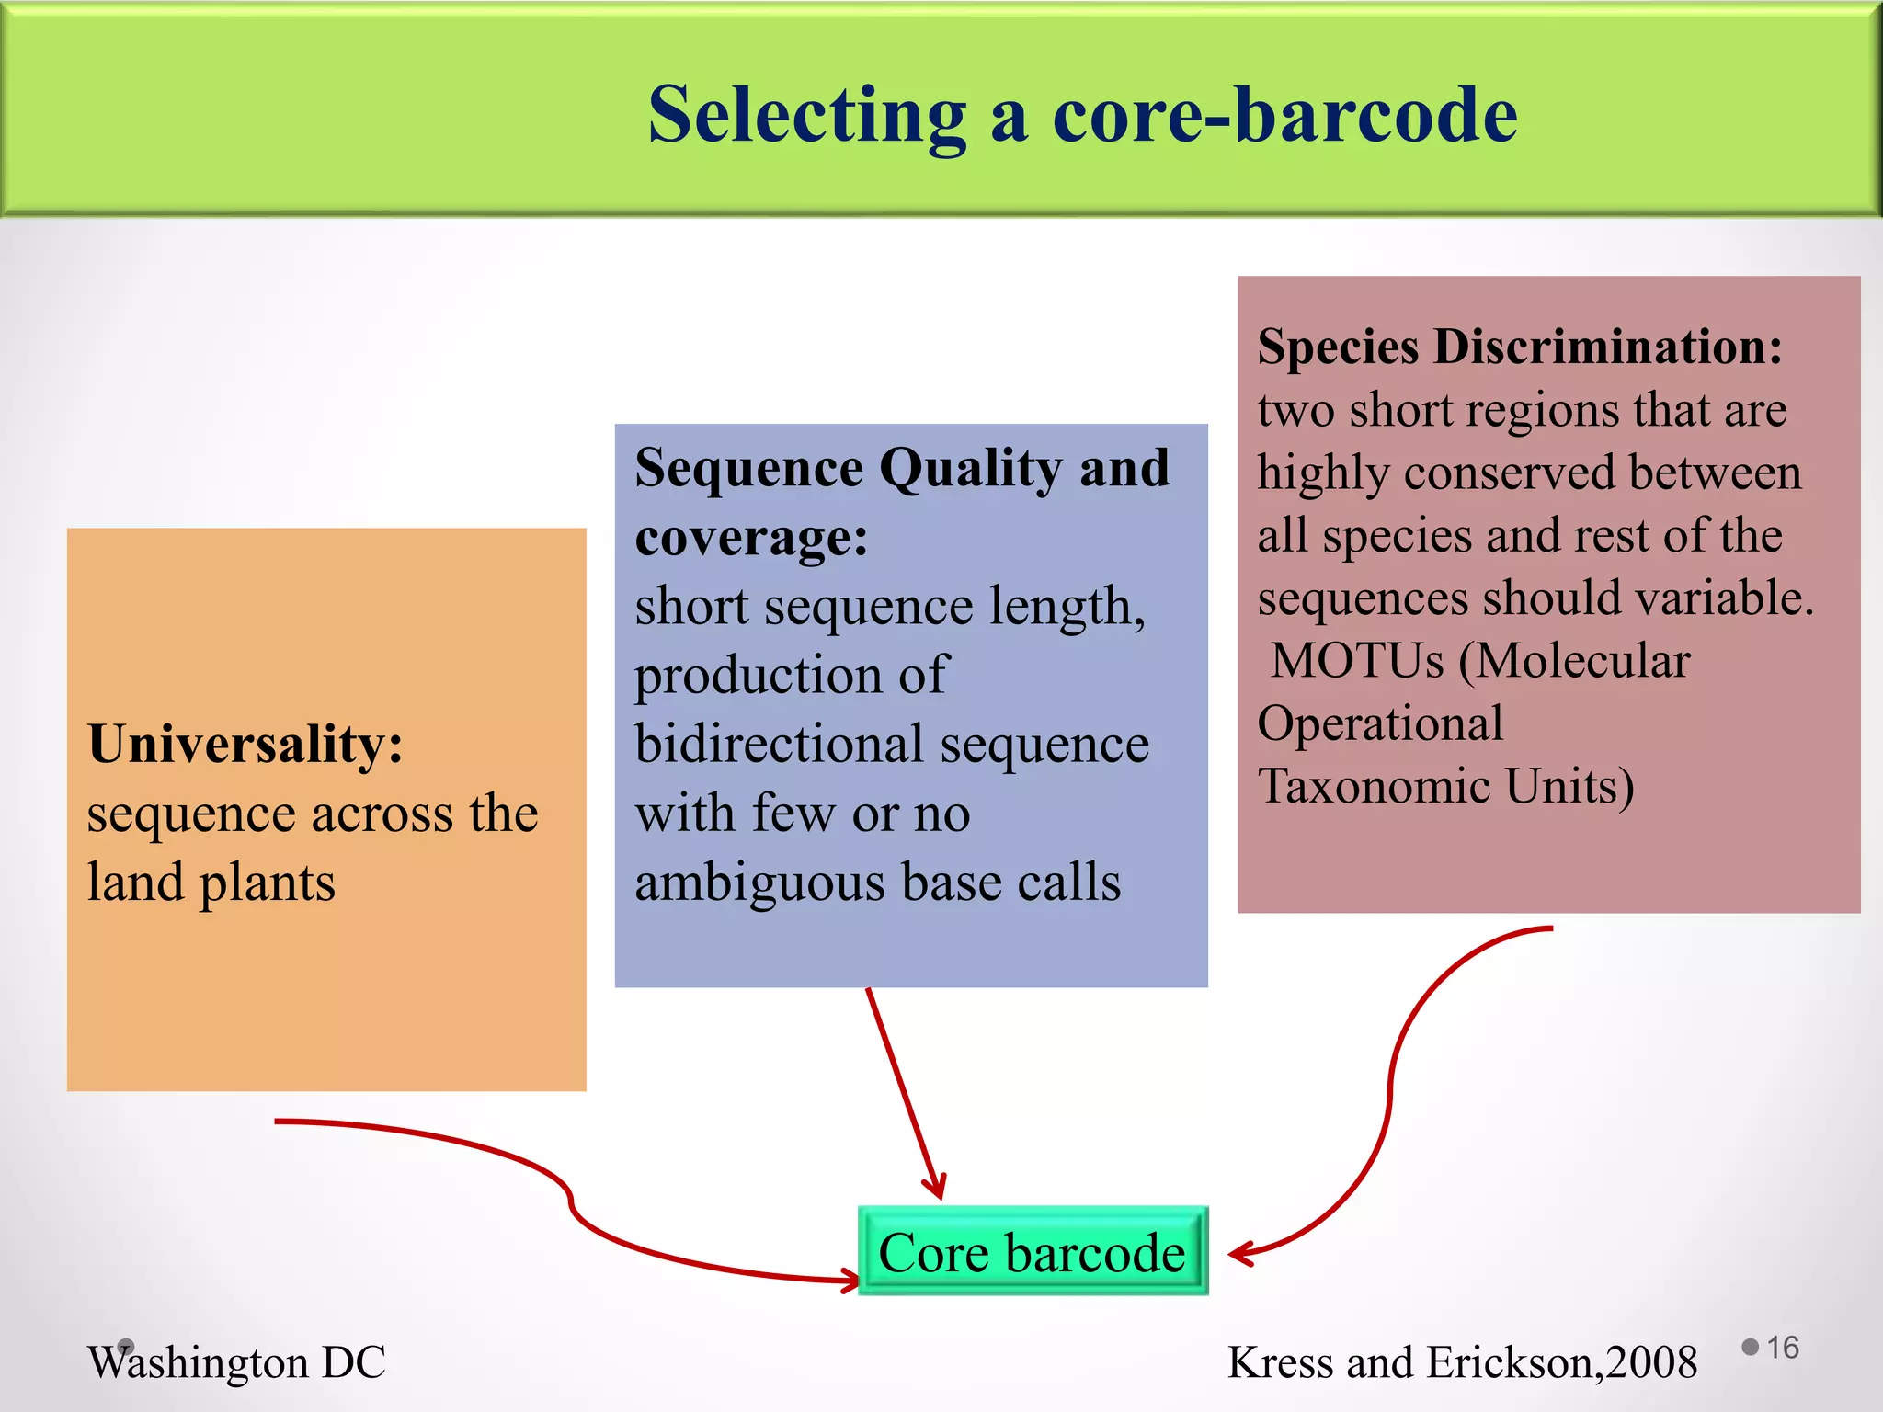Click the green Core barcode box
(x=1032, y=1252)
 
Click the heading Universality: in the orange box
(x=245, y=744)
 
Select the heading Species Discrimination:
(x=1519, y=347)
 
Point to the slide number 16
(x=1782, y=1348)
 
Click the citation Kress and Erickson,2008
(x=1462, y=1362)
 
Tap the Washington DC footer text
(x=236, y=1362)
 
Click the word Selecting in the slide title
(x=806, y=116)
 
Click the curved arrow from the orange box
(x=570, y=1204)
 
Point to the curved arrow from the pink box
(x=1390, y=1094)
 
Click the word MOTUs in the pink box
(x=1357, y=661)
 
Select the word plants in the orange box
(x=267, y=883)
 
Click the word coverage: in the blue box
(x=750, y=538)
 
